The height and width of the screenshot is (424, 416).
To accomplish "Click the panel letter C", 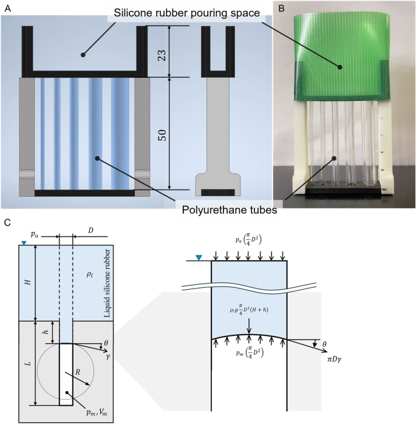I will tap(7, 223).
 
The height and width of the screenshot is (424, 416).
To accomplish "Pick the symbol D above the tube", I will tap(91, 231).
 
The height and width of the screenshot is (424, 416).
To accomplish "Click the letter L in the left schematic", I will tap(29, 363).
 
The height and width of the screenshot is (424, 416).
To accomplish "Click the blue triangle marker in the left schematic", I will tap(24, 244).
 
